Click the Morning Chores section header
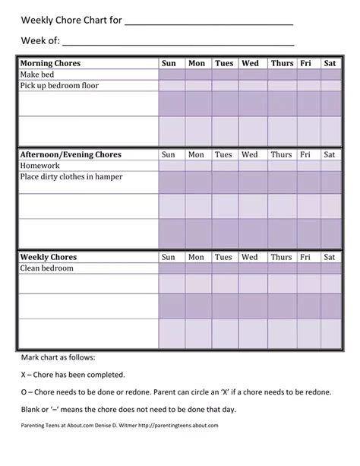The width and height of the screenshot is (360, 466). [50, 64]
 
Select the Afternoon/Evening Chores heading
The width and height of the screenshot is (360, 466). [70, 154]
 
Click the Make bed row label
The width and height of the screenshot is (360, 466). [39, 74]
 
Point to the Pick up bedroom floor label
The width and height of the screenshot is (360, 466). [59, 86]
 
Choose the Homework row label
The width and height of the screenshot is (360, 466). [39, 165]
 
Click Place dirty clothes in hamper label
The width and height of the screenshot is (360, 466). [71, 176]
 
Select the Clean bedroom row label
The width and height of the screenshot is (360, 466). [47, 268]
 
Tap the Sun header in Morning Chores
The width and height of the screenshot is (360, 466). [169, 64]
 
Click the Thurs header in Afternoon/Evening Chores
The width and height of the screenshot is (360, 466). [281, 154]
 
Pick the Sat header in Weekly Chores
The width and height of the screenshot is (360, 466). [330, 258]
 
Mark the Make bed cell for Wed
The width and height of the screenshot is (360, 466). [251, 74]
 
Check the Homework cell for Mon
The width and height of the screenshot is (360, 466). [197, 165]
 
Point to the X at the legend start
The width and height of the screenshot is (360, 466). [24, 375]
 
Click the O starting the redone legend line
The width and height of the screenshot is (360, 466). [24, 392]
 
